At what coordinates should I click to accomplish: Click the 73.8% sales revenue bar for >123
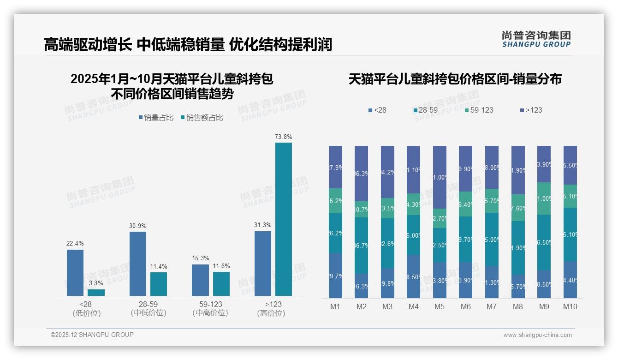[284, 219]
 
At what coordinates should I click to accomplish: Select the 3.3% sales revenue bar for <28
[96, 293]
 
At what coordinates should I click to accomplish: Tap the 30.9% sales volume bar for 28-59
[137, 264]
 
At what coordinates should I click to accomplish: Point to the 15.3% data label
[200, 258]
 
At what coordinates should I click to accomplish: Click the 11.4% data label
[159, 266]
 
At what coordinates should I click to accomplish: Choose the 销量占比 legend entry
[156, 118]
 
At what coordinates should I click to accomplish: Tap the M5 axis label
[440, 306]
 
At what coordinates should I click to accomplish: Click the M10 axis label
[570, 306]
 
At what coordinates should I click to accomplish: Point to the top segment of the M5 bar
[440, 177]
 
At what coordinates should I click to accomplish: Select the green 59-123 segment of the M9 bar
[544, 198]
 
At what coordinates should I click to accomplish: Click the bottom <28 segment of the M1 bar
[336, 276]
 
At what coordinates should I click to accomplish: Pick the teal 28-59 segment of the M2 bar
[362, 245]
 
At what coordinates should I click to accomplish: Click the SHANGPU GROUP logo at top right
[536, 39]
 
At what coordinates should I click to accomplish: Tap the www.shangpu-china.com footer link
[537, 335]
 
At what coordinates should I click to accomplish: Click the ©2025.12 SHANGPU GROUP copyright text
[92, 335]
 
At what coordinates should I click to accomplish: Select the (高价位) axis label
[271, 313]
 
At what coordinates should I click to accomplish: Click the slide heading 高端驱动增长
[88, 45]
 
